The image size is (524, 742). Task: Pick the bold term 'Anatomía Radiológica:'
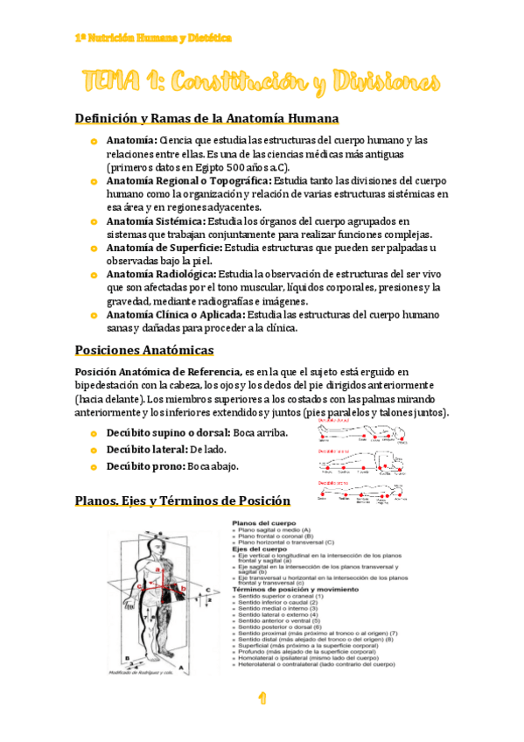point(161,274)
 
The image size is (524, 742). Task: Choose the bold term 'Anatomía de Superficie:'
point(164,248)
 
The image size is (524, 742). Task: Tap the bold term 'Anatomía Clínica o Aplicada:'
point(175,313)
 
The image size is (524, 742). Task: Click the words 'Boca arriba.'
point(261,433)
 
